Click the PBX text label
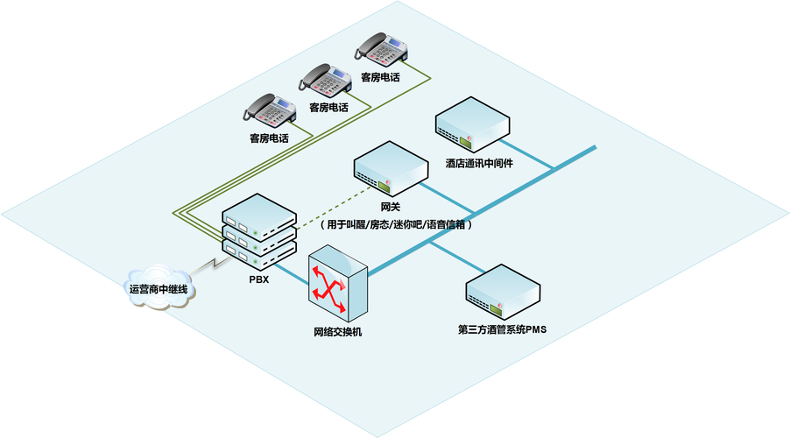click(x=258, y=280)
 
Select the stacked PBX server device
click(x=258, y=234)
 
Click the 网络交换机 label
click(x=337, y=332)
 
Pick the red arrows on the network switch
click(x=330, y=289)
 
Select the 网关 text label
click(x=391, y=208)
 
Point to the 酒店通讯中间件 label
click(x=479, y=164)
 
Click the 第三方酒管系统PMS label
click(x=502, y=330)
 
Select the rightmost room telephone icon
click(x=382, y=50)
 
